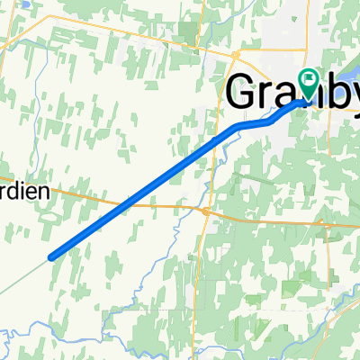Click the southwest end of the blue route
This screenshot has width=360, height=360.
[51, 256]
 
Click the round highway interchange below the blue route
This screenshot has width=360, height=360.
[206, 211]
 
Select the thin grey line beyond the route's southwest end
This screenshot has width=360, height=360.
[22, 276]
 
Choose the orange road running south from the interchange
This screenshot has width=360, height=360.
[200, 270]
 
